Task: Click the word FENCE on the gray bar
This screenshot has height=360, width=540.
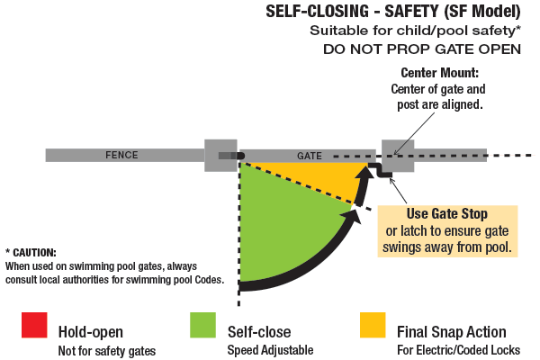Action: (121, 155)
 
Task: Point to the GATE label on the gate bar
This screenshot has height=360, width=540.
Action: (310, 156)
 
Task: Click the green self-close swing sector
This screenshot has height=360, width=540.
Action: (283, 225)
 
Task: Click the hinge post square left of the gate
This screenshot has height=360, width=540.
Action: (220, 155)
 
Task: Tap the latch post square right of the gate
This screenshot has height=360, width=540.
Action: (398, 155)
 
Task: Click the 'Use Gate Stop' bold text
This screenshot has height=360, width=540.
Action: (448, 214)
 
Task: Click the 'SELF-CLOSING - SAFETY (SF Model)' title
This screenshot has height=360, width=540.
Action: (393, 13)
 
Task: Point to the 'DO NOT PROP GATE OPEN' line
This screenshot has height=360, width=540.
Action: (422, 49)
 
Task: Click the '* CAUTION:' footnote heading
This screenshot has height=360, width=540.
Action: (31, 252)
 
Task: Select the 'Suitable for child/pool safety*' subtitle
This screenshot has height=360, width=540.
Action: (416, 31)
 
